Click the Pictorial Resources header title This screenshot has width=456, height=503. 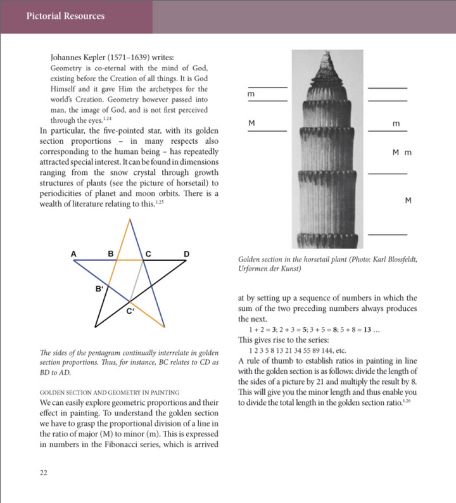click(65, 16)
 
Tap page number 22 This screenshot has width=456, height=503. click(44, 473)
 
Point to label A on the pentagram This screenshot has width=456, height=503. click(74, 254)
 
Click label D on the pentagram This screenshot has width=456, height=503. click(186, 254)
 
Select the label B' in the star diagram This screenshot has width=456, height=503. click(99, 289)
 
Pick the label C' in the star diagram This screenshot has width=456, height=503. click(130, 310)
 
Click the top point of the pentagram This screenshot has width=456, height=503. click(130, 219)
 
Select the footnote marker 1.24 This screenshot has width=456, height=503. click(106, 118)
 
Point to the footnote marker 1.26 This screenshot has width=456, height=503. click(410, 401)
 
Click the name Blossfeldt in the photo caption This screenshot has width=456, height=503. click(396, 260)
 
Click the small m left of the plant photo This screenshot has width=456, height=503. click(251, 94)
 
